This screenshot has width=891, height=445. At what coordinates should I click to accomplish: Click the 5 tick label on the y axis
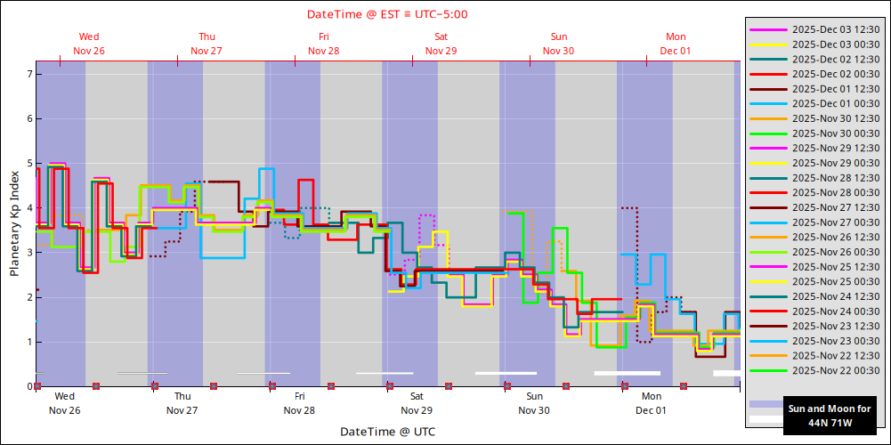pos(29,164)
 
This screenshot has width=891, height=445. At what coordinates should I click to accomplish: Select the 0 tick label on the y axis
pos(29,386)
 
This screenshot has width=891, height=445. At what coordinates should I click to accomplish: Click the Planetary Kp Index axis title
pos(14,223)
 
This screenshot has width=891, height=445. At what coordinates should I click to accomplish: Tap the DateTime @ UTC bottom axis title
pos(387,432)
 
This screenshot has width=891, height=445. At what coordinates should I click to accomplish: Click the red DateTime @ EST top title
pos(387,14)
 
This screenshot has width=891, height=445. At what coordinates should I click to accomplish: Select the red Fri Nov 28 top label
pos(324,44)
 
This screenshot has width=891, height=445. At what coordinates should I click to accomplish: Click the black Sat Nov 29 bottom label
pos(417,403)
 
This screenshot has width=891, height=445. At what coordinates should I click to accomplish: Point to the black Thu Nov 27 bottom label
pos(182,403)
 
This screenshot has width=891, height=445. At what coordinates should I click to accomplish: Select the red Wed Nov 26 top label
pos(89,44)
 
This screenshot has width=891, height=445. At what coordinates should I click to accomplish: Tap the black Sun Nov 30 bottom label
pos(534,403)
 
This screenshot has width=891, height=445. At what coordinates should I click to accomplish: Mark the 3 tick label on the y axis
pos(29,253)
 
